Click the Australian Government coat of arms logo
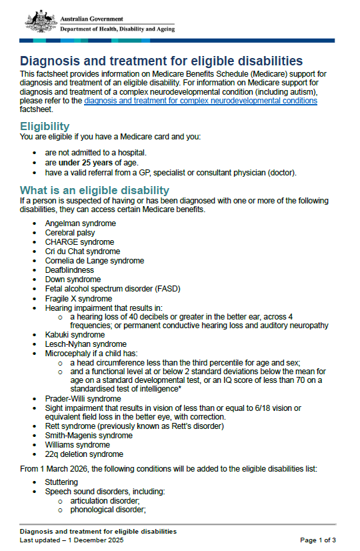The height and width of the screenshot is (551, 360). click(x=37, y=21)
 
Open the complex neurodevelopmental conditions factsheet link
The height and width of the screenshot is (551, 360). click(x=201, y=101)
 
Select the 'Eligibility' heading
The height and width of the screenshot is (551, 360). click(x=45, y=126)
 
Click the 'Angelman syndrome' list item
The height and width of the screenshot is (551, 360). click(x=80, y=223)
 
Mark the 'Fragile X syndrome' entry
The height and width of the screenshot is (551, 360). click(x=79, y=298)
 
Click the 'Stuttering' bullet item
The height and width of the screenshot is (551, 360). click(x=61, y=481)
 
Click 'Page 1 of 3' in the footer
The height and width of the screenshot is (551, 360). click(x=318, y=540)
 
